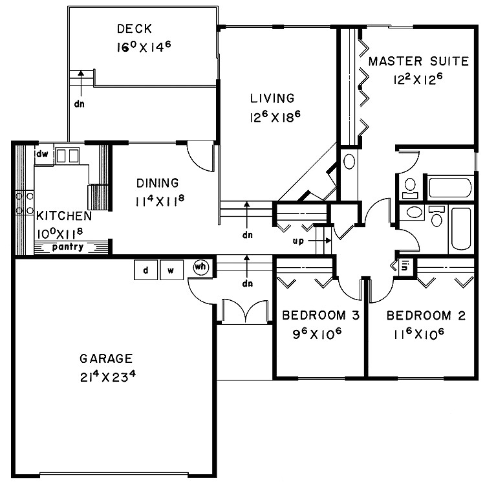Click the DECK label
pos(135,28)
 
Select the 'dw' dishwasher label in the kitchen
pos(43,154)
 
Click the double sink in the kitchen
pos(67,155)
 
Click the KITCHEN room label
pos(63,215)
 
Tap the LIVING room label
pos(272,98)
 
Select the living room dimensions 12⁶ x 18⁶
pos(272,117)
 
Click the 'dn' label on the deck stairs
pos(79,103)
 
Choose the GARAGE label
pos(106,358)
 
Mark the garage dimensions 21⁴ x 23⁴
pos(106,377)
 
